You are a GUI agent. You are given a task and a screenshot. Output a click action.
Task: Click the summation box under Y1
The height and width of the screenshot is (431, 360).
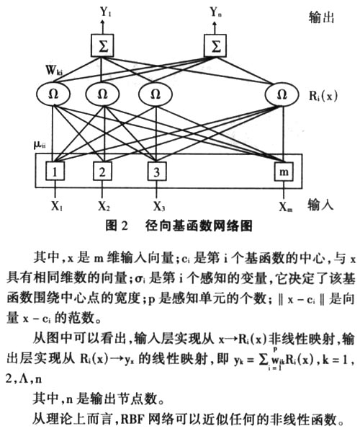(x=102, y=45)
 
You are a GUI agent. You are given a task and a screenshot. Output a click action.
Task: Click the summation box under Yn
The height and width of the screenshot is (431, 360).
(x=215, y=45)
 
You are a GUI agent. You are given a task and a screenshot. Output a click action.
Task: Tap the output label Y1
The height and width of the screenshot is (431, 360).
(x=105, y=12)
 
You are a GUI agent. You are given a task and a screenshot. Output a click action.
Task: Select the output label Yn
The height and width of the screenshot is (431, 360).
(x=215, y=12)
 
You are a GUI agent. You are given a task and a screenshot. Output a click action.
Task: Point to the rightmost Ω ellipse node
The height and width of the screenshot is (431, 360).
(x=282, y=94)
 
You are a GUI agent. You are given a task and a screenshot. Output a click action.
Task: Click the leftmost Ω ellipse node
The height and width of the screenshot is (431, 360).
(x=53, y=94)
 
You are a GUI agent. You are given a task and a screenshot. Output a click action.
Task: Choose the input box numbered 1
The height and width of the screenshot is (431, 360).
(x=55, y=172)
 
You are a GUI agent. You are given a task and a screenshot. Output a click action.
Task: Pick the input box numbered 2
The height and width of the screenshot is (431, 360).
(x=102, y=172)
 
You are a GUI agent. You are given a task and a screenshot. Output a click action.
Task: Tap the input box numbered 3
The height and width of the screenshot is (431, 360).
(x=157, y=172)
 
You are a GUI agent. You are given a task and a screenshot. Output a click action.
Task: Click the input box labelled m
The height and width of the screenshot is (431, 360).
(x=284, y=172)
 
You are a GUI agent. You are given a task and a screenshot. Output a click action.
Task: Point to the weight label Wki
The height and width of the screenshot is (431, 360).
(x=54, y=70)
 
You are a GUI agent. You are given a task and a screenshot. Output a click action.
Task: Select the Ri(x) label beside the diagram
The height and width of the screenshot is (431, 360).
(x=323, y=96)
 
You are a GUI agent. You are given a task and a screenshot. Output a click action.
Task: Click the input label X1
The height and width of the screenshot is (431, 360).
(x=57, y=206)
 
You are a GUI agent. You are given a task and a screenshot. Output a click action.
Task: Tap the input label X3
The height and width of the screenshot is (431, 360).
(x=159, y=206)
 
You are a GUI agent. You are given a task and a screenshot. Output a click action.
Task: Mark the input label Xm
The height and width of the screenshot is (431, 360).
(x=286, y=206)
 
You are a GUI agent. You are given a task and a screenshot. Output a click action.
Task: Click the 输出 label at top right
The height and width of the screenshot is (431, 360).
(x=322, y=17)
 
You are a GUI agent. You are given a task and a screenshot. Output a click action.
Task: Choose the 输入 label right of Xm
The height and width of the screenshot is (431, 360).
(x=320, y=205)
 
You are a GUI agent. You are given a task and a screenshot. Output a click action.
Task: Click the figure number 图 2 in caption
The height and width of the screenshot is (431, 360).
(x=117, y=226)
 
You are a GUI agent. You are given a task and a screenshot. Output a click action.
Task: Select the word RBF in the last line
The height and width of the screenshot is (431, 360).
(x=133, y=419)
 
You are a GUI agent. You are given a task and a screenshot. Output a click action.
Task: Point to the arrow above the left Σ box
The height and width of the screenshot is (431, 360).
(x=103, y=27)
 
